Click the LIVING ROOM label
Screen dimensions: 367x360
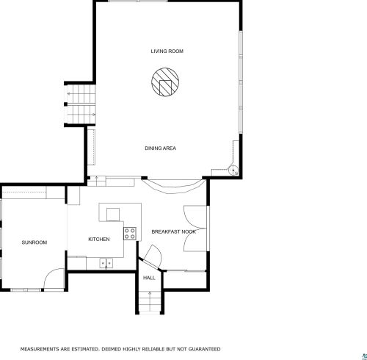tap(167, 51)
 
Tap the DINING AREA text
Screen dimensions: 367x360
tap(160, 148)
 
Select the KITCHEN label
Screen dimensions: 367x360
tap(99, 239)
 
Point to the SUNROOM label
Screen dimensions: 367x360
tap(34, 242)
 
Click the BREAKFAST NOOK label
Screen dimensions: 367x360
tap(174, 231)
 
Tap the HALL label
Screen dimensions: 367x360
tap(149, 278)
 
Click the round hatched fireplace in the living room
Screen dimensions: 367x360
tap(165, 82)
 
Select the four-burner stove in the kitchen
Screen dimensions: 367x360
tap(130, 234)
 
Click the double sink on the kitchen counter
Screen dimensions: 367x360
tap(106, 263)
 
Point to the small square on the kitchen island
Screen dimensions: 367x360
tap(113, 215)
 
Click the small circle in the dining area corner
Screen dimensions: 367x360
tap(233, 170)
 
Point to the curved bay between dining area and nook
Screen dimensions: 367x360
tap(174, 187)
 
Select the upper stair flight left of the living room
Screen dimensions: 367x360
tap(81, 94)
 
